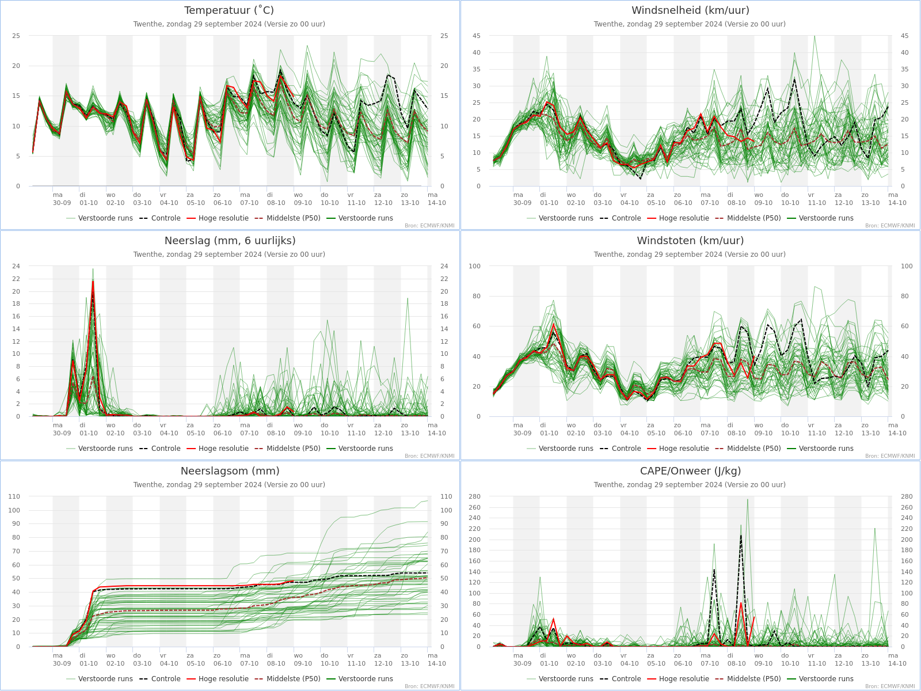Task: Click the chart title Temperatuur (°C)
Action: [x=229, y=10]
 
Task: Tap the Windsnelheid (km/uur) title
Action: [x=690, y=10]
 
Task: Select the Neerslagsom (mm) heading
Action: [x=230, y=470]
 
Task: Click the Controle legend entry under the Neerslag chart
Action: [x=160, y=448]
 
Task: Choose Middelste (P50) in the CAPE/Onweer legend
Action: [x=748, y=678]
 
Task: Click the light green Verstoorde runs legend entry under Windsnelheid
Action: [x=560, y=218]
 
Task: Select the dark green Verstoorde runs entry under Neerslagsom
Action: [x=360, y=678]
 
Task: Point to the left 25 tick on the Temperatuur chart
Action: [x=16, y=36]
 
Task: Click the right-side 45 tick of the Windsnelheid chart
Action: [x=905, y=36]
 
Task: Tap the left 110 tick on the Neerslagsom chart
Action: [x=14, y=496]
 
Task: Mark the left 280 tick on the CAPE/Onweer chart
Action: [x=474, y=496]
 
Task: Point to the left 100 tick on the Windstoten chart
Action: [x=474, y=266]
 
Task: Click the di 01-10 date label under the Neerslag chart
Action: [x=88, y=429]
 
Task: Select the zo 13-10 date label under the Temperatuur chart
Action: [x=410, y=199]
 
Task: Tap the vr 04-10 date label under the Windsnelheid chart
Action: [x=629, y=199]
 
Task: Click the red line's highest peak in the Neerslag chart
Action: [x=93, y=281]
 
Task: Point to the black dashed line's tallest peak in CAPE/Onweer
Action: [x=741, y=535]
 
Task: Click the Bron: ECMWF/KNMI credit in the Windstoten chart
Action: [x=890, y=456]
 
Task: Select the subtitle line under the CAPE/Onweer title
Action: [x=690, y=485]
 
